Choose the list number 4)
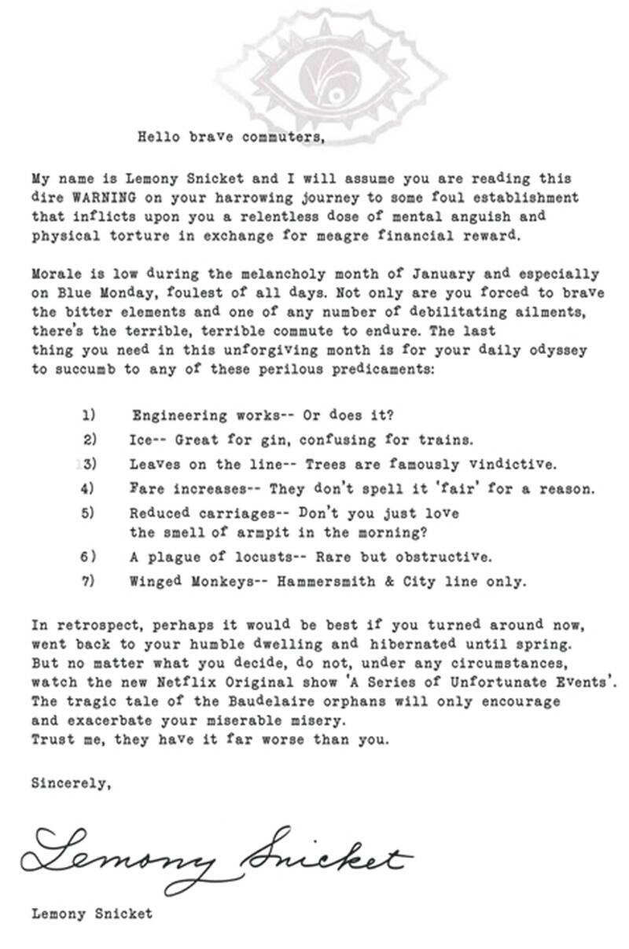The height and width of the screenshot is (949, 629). point(89,488)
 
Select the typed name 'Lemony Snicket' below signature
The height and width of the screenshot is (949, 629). point(92,914)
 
